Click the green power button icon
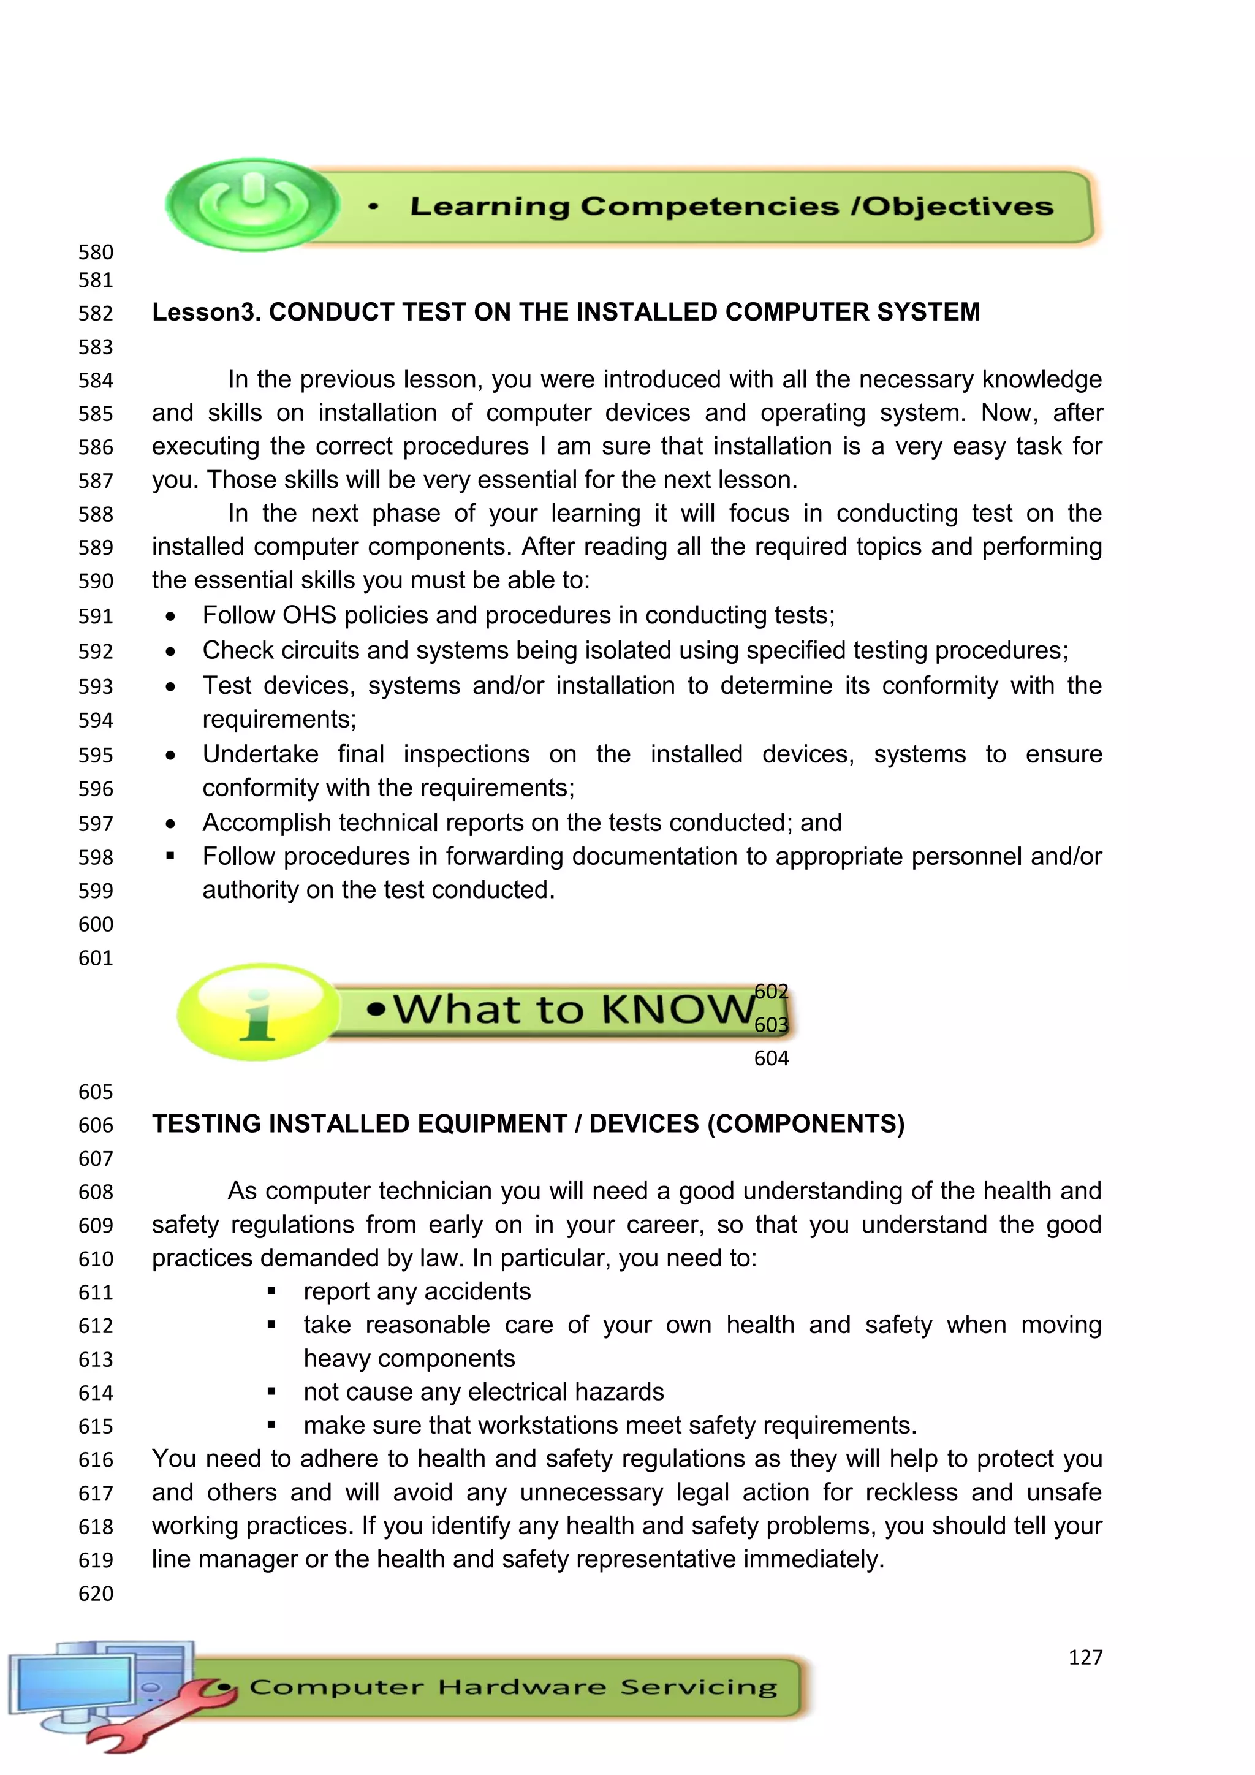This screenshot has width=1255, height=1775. [252, 203]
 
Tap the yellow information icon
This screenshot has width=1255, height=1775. [257, 1012]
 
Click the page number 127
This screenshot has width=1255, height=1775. [1085, 1657]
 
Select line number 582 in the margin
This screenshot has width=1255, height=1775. [96, 313]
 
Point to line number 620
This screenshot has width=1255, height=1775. [96, 1594]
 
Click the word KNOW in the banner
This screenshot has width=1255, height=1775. [678, 1009]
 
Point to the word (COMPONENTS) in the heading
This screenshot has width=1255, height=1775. [806, 1124]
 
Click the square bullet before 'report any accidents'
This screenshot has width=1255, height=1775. [271, 1291]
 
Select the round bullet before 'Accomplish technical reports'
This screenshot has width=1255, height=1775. [170, 824]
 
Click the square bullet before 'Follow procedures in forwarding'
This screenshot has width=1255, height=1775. [170, 856]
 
